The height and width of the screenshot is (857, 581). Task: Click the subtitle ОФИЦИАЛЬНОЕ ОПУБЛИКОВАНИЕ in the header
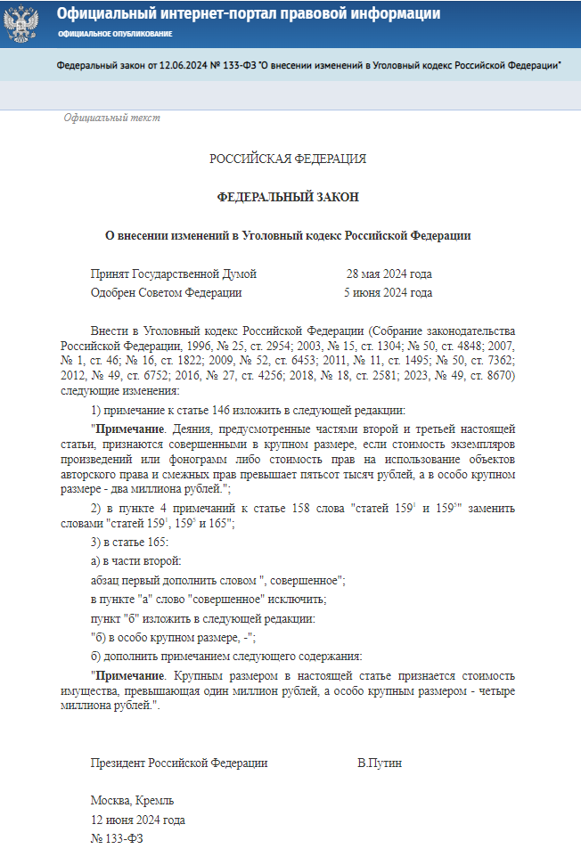coord(115,34)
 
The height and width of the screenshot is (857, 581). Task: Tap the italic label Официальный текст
coord(111,118)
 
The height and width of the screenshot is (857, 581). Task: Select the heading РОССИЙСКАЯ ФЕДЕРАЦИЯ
coord(288,159)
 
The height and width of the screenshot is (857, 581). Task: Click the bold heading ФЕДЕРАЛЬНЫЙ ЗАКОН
coord(288,197)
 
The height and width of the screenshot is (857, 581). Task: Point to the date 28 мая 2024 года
coord(389,274)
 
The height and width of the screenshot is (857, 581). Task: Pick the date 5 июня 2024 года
coord(388,292)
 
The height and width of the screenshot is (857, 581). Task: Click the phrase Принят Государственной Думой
coord(173,274)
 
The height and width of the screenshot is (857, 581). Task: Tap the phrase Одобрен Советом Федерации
coord(166,292)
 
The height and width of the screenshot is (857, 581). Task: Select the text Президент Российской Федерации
coord(178,763)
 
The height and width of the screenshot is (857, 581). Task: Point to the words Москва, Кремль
coord(132,801)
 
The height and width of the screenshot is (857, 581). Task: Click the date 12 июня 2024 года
coord(137,820)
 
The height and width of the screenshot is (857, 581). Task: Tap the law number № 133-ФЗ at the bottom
coord(117,838)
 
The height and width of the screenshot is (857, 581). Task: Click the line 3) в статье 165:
coord(129,543)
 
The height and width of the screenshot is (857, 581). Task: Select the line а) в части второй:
coord(135,561)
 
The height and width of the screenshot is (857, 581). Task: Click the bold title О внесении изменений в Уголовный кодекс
coord(288,235)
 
